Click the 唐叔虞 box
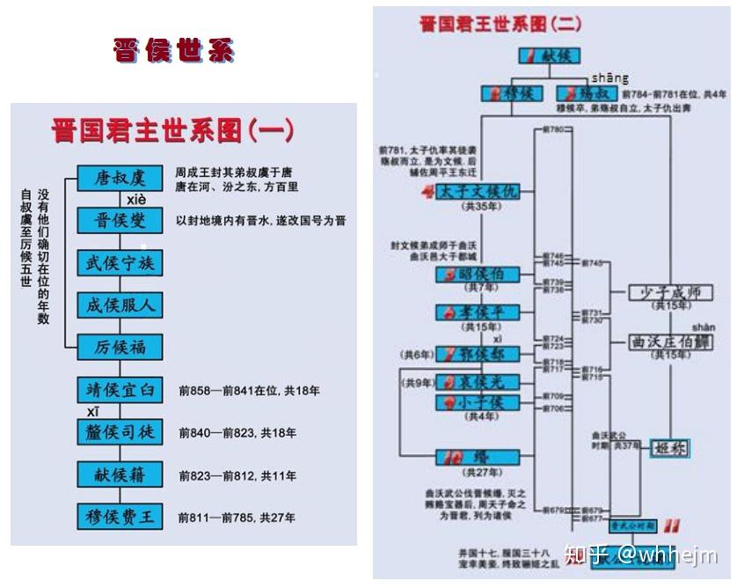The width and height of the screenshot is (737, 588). coord(120,179)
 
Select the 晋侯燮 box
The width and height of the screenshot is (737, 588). coord(120,220)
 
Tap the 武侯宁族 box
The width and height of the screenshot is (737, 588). coord(120,263)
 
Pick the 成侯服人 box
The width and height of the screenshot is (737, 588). coord(120,305)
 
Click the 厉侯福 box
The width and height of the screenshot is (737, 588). coord(120,347)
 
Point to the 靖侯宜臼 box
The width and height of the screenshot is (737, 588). coord(120,389)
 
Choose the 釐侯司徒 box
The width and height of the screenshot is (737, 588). coord(120,432)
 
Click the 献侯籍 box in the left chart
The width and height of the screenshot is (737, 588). coord(120,474)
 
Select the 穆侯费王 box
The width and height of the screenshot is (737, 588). coord(120,517)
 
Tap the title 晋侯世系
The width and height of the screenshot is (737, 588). coord(173,50)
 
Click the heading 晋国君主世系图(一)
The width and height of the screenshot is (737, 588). coord(172,131)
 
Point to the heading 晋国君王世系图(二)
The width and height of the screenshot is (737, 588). coord(500,24)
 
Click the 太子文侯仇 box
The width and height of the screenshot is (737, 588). coord(477,192)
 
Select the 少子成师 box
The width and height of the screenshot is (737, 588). coord(670,293)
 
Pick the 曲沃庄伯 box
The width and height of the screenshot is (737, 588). coord(670,342)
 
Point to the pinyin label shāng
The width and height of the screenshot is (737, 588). coord(609,78)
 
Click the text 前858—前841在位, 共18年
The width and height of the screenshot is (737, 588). coord(249,390)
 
